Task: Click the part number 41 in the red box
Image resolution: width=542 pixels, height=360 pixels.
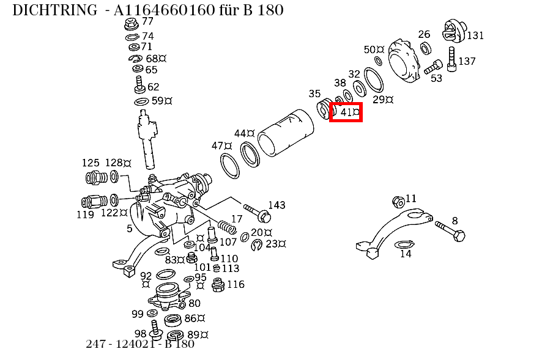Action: click(x=347, y=112)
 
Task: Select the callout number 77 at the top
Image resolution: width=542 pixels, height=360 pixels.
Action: click(x=147, y=21)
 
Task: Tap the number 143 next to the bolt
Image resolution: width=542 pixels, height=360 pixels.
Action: click(x=277, y=205)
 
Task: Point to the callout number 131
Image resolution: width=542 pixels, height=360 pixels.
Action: click(x=475, y=35)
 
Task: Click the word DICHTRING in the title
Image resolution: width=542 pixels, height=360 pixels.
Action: click(x=54, y=10)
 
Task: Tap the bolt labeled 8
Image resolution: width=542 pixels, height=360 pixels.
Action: click(x=450, y=230)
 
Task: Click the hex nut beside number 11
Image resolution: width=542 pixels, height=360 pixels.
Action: click(x=396, y=201)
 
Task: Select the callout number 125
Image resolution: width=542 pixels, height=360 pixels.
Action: click(x=91, y=163)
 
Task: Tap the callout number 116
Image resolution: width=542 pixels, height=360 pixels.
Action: click(x=236, y=284)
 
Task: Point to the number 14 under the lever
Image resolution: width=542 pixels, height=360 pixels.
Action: click(x=406, y=254)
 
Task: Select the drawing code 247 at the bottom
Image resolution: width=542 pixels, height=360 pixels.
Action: click(x=97, y=344)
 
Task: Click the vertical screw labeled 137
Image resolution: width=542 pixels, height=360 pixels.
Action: click(x=452, y=61)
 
